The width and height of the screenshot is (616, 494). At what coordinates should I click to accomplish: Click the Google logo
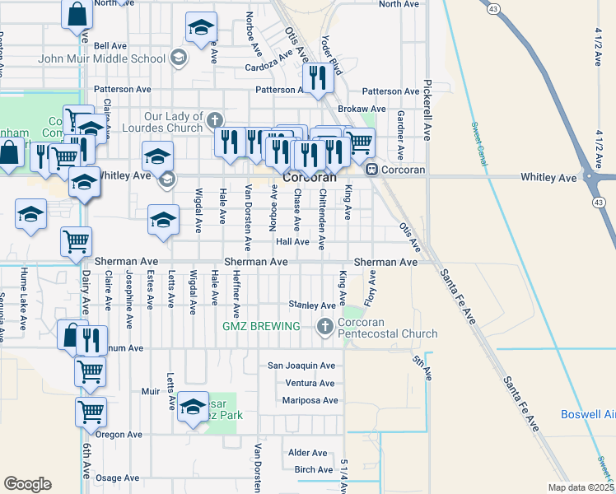tap(27, 484)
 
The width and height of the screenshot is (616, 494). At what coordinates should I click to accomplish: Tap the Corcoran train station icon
tap(372, 170)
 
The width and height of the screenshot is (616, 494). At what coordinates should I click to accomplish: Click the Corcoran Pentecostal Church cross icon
tap(325, 327)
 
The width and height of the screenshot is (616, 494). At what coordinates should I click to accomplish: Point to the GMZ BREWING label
tap(261, 327)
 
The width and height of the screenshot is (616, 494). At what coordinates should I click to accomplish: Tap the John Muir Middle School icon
tap(178, 58)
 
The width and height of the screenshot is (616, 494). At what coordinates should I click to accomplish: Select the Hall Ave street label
tap(292, 242)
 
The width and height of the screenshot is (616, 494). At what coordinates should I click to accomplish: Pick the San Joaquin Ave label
tap(301, 366)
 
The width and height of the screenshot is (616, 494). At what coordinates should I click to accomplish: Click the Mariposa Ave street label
tap(310, 401)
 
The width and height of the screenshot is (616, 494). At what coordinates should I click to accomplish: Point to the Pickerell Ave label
tap(427, 110)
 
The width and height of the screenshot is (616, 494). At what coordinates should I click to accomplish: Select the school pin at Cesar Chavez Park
tap(193, 407)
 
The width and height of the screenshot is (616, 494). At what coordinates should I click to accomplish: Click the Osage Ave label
tap(118, 478)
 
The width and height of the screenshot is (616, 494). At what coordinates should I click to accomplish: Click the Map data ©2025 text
tap(581, 487)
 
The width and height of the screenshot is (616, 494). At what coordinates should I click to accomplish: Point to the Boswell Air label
tap(587, 414)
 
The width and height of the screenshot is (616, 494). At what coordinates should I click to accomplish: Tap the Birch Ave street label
tap(314, 470)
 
